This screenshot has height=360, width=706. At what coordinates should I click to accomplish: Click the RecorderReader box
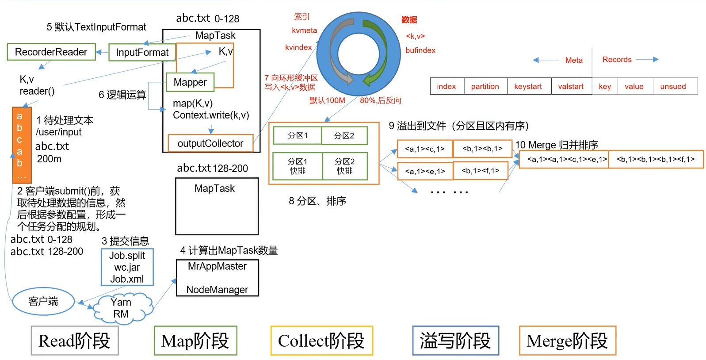[x=51, y=52]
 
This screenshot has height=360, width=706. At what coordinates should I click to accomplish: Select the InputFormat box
[x=142, y=53]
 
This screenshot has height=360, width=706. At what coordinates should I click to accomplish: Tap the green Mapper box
[x=190, y=82]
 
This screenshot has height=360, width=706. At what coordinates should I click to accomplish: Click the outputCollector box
[x=210, y=143]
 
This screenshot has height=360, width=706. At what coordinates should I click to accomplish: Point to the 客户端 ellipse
[x=43, y=302]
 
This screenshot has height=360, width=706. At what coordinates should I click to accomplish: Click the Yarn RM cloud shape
[x=121, y=309]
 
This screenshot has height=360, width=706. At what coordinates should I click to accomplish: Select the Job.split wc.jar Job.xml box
[x=127, y=267]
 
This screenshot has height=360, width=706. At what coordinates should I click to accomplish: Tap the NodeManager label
[x=217, y=290]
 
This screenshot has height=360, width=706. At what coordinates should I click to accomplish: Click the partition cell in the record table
[x=485, y=87]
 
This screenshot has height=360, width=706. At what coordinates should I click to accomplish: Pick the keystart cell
[x=528, y=87]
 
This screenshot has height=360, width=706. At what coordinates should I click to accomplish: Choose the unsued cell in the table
[x=673, y=87]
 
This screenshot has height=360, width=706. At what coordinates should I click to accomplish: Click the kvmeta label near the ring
[x=304, y=31]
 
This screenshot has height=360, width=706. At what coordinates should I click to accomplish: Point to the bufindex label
[x=420, y=50]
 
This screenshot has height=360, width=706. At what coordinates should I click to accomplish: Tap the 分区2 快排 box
[x=344, y=166]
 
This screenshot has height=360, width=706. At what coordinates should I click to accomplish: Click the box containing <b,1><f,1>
[x=481, y=171]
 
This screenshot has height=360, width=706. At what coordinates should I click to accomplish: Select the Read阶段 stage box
[x=74, y=341]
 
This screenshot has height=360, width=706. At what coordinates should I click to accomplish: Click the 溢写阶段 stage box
[x=455, y=341]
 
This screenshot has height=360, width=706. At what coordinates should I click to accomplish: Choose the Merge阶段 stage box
[x=567, y=341]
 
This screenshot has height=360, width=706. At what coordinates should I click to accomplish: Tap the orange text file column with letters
[x=21, y=145]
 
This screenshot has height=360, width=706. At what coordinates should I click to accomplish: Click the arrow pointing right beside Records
[x=648, y=59]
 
